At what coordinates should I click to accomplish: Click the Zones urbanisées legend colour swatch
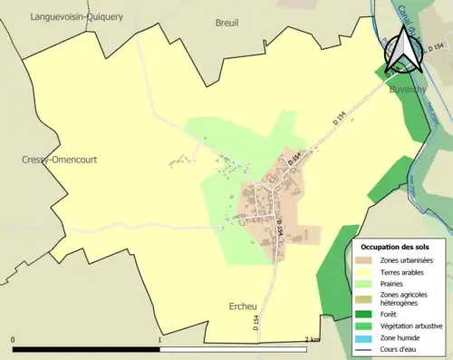pos(368,260)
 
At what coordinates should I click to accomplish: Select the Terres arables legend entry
pos(402,271)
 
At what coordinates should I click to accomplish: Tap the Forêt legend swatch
pos(368,314)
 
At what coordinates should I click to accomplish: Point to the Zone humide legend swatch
pos(368,336)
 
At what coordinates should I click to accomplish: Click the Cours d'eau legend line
pos(368,345)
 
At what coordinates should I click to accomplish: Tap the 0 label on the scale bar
pos(14,339)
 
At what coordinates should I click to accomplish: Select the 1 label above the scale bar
pos(160,339)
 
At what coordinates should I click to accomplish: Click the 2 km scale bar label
pos(312,339)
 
